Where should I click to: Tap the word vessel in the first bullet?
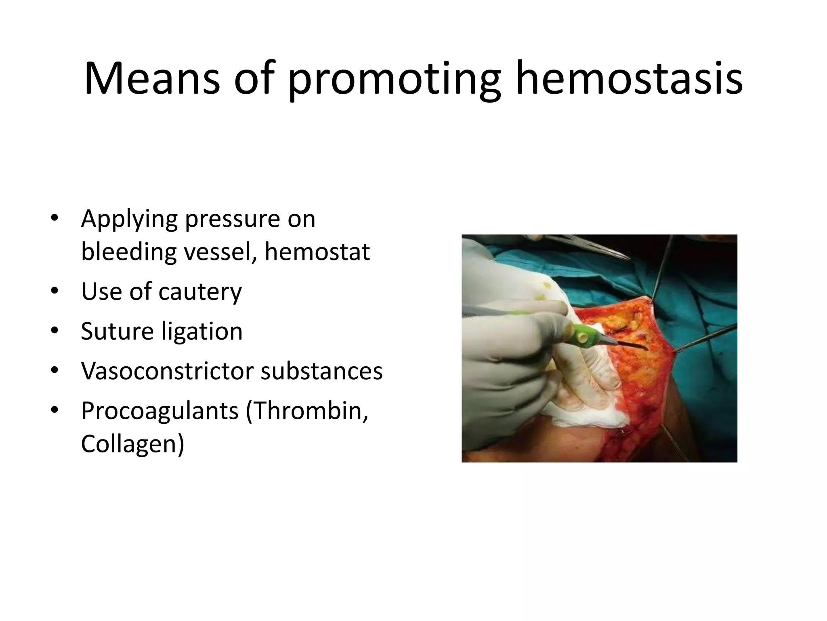tap(220, 252)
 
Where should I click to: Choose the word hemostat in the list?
tap(317, 252)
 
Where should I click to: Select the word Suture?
tap(118, 331)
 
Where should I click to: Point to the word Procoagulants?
tap(160, 411)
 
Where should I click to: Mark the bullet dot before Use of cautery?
tap(55, 291)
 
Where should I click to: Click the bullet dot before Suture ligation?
tap(55, 331)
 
